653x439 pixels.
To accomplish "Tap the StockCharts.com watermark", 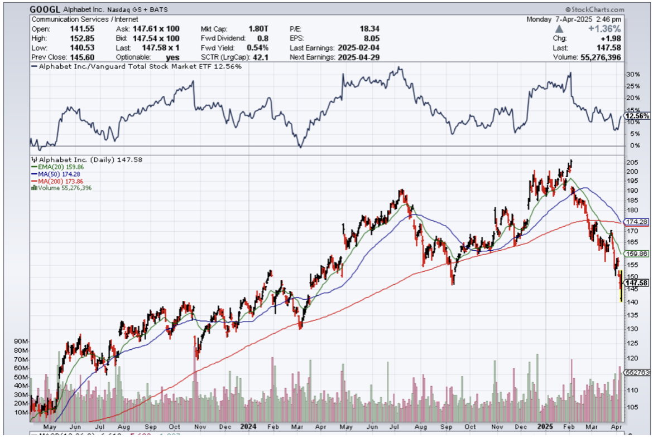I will point(597,9).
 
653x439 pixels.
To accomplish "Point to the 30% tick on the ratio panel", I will point(632,75).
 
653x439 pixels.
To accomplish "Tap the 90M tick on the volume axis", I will point(21,341).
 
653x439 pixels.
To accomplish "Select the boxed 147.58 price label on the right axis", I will point(636,283).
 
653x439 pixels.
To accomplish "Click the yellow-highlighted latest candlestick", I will point(621,286).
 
